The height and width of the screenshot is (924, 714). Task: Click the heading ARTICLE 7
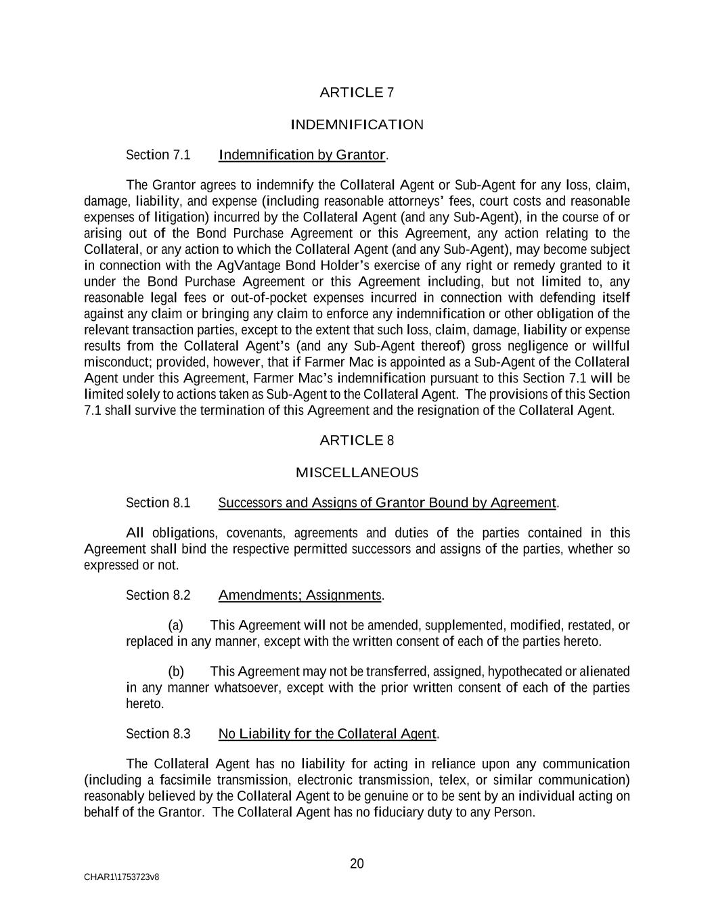[x=357, y=93]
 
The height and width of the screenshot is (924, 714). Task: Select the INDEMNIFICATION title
[x=357, y=125]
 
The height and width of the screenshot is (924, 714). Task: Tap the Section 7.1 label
[x=158, y=155]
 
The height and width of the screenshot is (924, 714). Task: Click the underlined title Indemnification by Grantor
[x=303, y=155]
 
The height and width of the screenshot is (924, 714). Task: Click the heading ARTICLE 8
[x=357, y=441]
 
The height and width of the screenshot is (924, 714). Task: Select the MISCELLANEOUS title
[x=357, y=472]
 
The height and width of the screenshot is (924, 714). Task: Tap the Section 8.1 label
[x=158, y=503]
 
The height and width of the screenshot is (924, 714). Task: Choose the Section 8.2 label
[x=158, y=595]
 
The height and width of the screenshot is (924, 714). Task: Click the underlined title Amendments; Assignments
[x=300, y=595]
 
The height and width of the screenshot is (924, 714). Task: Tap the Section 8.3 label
[x=158, y=734]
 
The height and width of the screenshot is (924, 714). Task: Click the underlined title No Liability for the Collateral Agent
[x=328, y=734]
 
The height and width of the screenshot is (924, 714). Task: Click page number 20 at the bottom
[x=357, y=864]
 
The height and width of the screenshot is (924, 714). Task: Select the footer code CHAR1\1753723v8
[x=122, y=877]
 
